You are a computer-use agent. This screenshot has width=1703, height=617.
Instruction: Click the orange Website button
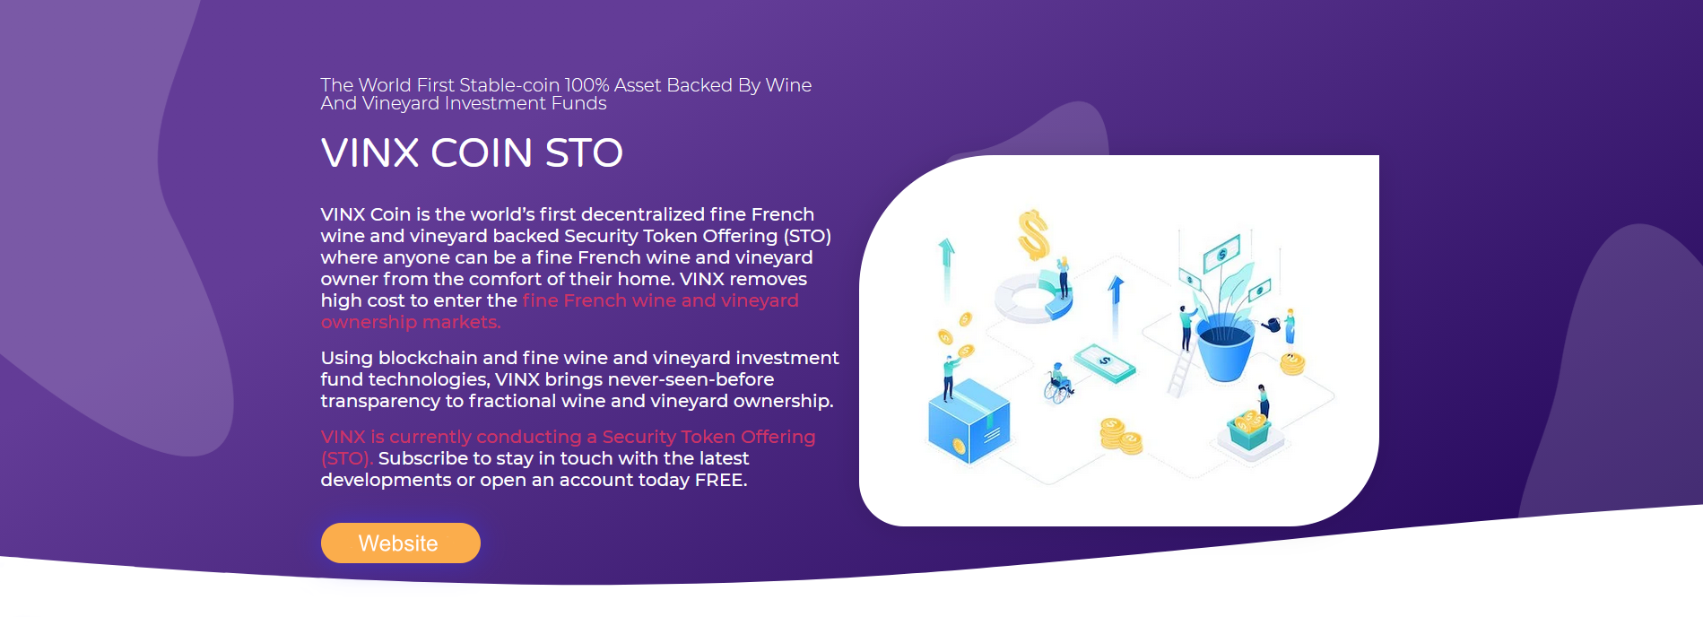[400, 543]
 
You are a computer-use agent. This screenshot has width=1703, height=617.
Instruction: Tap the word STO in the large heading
[584, 152]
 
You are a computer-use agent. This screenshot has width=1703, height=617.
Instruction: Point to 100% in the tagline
[586, 85]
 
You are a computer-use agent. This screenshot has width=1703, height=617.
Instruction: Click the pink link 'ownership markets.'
[411, 322]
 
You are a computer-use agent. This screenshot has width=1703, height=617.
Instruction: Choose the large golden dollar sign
[1033, 234]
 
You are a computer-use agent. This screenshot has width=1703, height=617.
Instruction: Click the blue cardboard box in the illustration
[969, 421]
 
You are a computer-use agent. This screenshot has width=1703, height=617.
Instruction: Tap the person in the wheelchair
[1058, 383]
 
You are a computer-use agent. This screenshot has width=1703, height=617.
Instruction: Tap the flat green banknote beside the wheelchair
[1105, 363]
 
